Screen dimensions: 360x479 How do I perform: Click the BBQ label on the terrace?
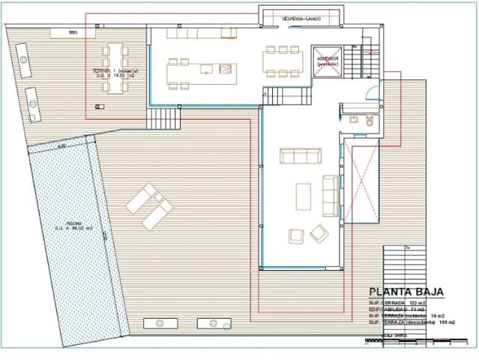pos(73,33)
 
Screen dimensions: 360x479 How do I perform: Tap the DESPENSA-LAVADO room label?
pos(302,18)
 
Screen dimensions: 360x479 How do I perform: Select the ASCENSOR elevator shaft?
pos(327,61)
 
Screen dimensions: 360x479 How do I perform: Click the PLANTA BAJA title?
pos(406,292)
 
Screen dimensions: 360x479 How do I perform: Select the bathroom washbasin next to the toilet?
pos(353,119)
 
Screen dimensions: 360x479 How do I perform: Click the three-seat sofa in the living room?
pos(301,155)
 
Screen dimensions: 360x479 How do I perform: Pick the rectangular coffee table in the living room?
pos(304,196)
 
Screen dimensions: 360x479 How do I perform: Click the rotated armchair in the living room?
pos(319,233)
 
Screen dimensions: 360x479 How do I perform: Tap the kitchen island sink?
pos(224,69)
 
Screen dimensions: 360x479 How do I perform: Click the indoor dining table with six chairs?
pos(283,61)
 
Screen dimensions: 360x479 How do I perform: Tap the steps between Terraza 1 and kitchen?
pos(163,118)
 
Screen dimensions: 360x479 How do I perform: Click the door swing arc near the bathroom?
pos(373,94)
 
